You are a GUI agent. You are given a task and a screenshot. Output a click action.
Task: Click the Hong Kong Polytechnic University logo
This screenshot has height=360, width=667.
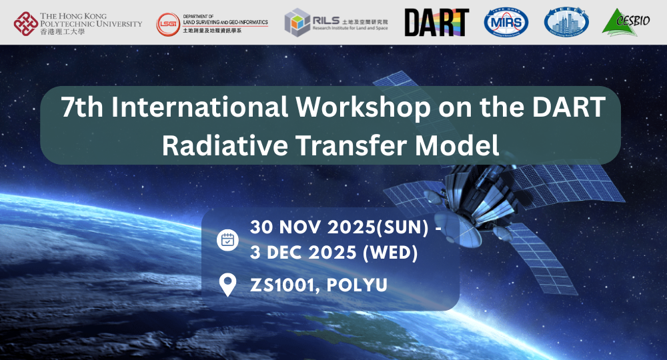click(27, 23)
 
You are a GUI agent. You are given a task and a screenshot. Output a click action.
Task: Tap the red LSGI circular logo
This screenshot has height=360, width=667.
click(167, 24)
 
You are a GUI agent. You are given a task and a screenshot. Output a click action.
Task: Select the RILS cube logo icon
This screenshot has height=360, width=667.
click(297, 23)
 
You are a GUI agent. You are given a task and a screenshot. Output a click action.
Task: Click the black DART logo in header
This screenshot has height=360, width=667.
click(437, 23)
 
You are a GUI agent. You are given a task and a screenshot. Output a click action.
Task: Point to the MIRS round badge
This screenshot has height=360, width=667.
click(506, 23)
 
